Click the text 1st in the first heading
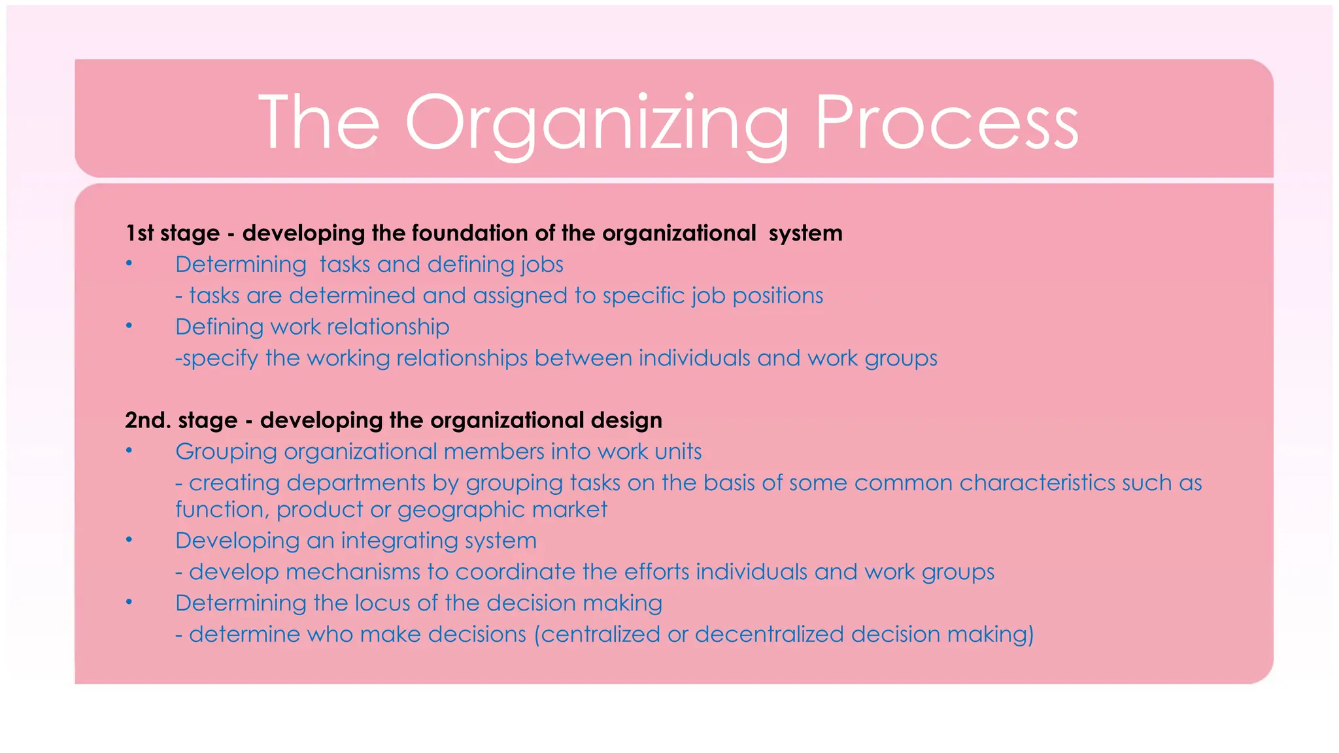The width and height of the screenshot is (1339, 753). click(139, 233)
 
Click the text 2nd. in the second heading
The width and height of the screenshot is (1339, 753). click(148, 420)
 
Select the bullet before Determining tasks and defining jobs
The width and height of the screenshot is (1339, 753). click(129, 263)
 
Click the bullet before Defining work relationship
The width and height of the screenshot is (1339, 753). click(129, 326)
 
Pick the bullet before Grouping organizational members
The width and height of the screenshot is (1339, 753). click(129, 450)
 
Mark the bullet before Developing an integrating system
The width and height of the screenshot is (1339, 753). click(129, 539)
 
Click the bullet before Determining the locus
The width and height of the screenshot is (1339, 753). click(129, 602)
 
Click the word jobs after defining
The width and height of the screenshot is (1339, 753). click(542, 265)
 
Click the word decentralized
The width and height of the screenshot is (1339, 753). click(769, 635)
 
